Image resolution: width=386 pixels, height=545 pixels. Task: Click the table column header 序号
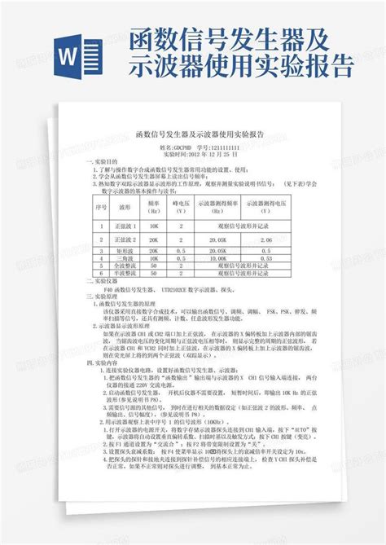(x=102, y=206)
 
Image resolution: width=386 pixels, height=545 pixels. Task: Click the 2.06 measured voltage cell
(x=262, y=240)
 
